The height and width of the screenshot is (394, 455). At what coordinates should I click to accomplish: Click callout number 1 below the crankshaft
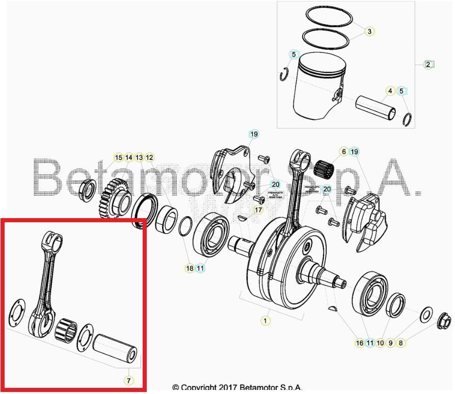pyautogui.click(x=265, y=321)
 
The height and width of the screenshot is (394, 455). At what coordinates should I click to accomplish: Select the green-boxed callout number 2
pyautogui.click(x=429, y=64)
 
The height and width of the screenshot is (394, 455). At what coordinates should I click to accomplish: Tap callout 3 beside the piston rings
pyautogui.click(x=369, y=32)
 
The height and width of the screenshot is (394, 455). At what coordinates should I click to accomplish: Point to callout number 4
pyautogui.click(x=390, y=91)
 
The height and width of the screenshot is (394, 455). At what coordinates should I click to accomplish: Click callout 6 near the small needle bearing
pyautogui.click(x=344, y=152)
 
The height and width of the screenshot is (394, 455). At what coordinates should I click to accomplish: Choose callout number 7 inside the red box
pyautogui.click(x=128, y=380)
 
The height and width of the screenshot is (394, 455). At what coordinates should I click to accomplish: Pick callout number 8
pyautogui.click(x=401, y=343)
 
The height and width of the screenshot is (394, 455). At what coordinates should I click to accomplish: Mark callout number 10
pyautogui.click(x=380, y=343)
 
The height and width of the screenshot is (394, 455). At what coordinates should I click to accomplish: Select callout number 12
pyautogui.click(x=149, y=157)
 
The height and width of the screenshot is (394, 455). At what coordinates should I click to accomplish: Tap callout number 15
pyautogui.click(x=118, y=157)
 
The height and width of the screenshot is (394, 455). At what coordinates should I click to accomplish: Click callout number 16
pyautogui.click(x=360, y=343)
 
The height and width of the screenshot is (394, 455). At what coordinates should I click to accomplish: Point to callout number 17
pyautogui.click(x=258, y=209)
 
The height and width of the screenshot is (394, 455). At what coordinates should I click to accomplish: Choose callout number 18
pyautogui.click(x=190, y=268)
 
